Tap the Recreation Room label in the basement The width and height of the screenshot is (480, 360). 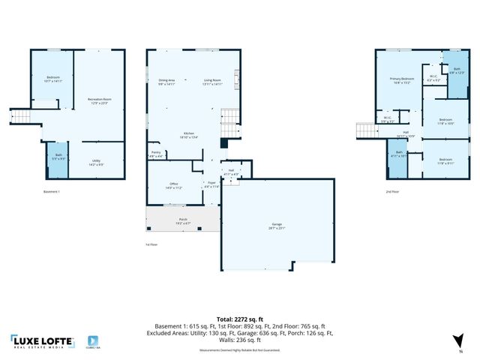click(100, 100)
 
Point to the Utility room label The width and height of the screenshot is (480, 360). click(97, 161)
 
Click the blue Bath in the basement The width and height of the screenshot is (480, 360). click(57, 159)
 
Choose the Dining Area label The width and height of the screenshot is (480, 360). click(166, 81)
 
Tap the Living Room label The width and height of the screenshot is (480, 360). click(213, 81)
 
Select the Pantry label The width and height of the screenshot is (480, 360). click(156, 154)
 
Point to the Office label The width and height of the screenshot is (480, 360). click(173, 186)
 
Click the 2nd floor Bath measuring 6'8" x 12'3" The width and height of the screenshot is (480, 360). click(457, 71)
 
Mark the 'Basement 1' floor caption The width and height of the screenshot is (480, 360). click(52, 192)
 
